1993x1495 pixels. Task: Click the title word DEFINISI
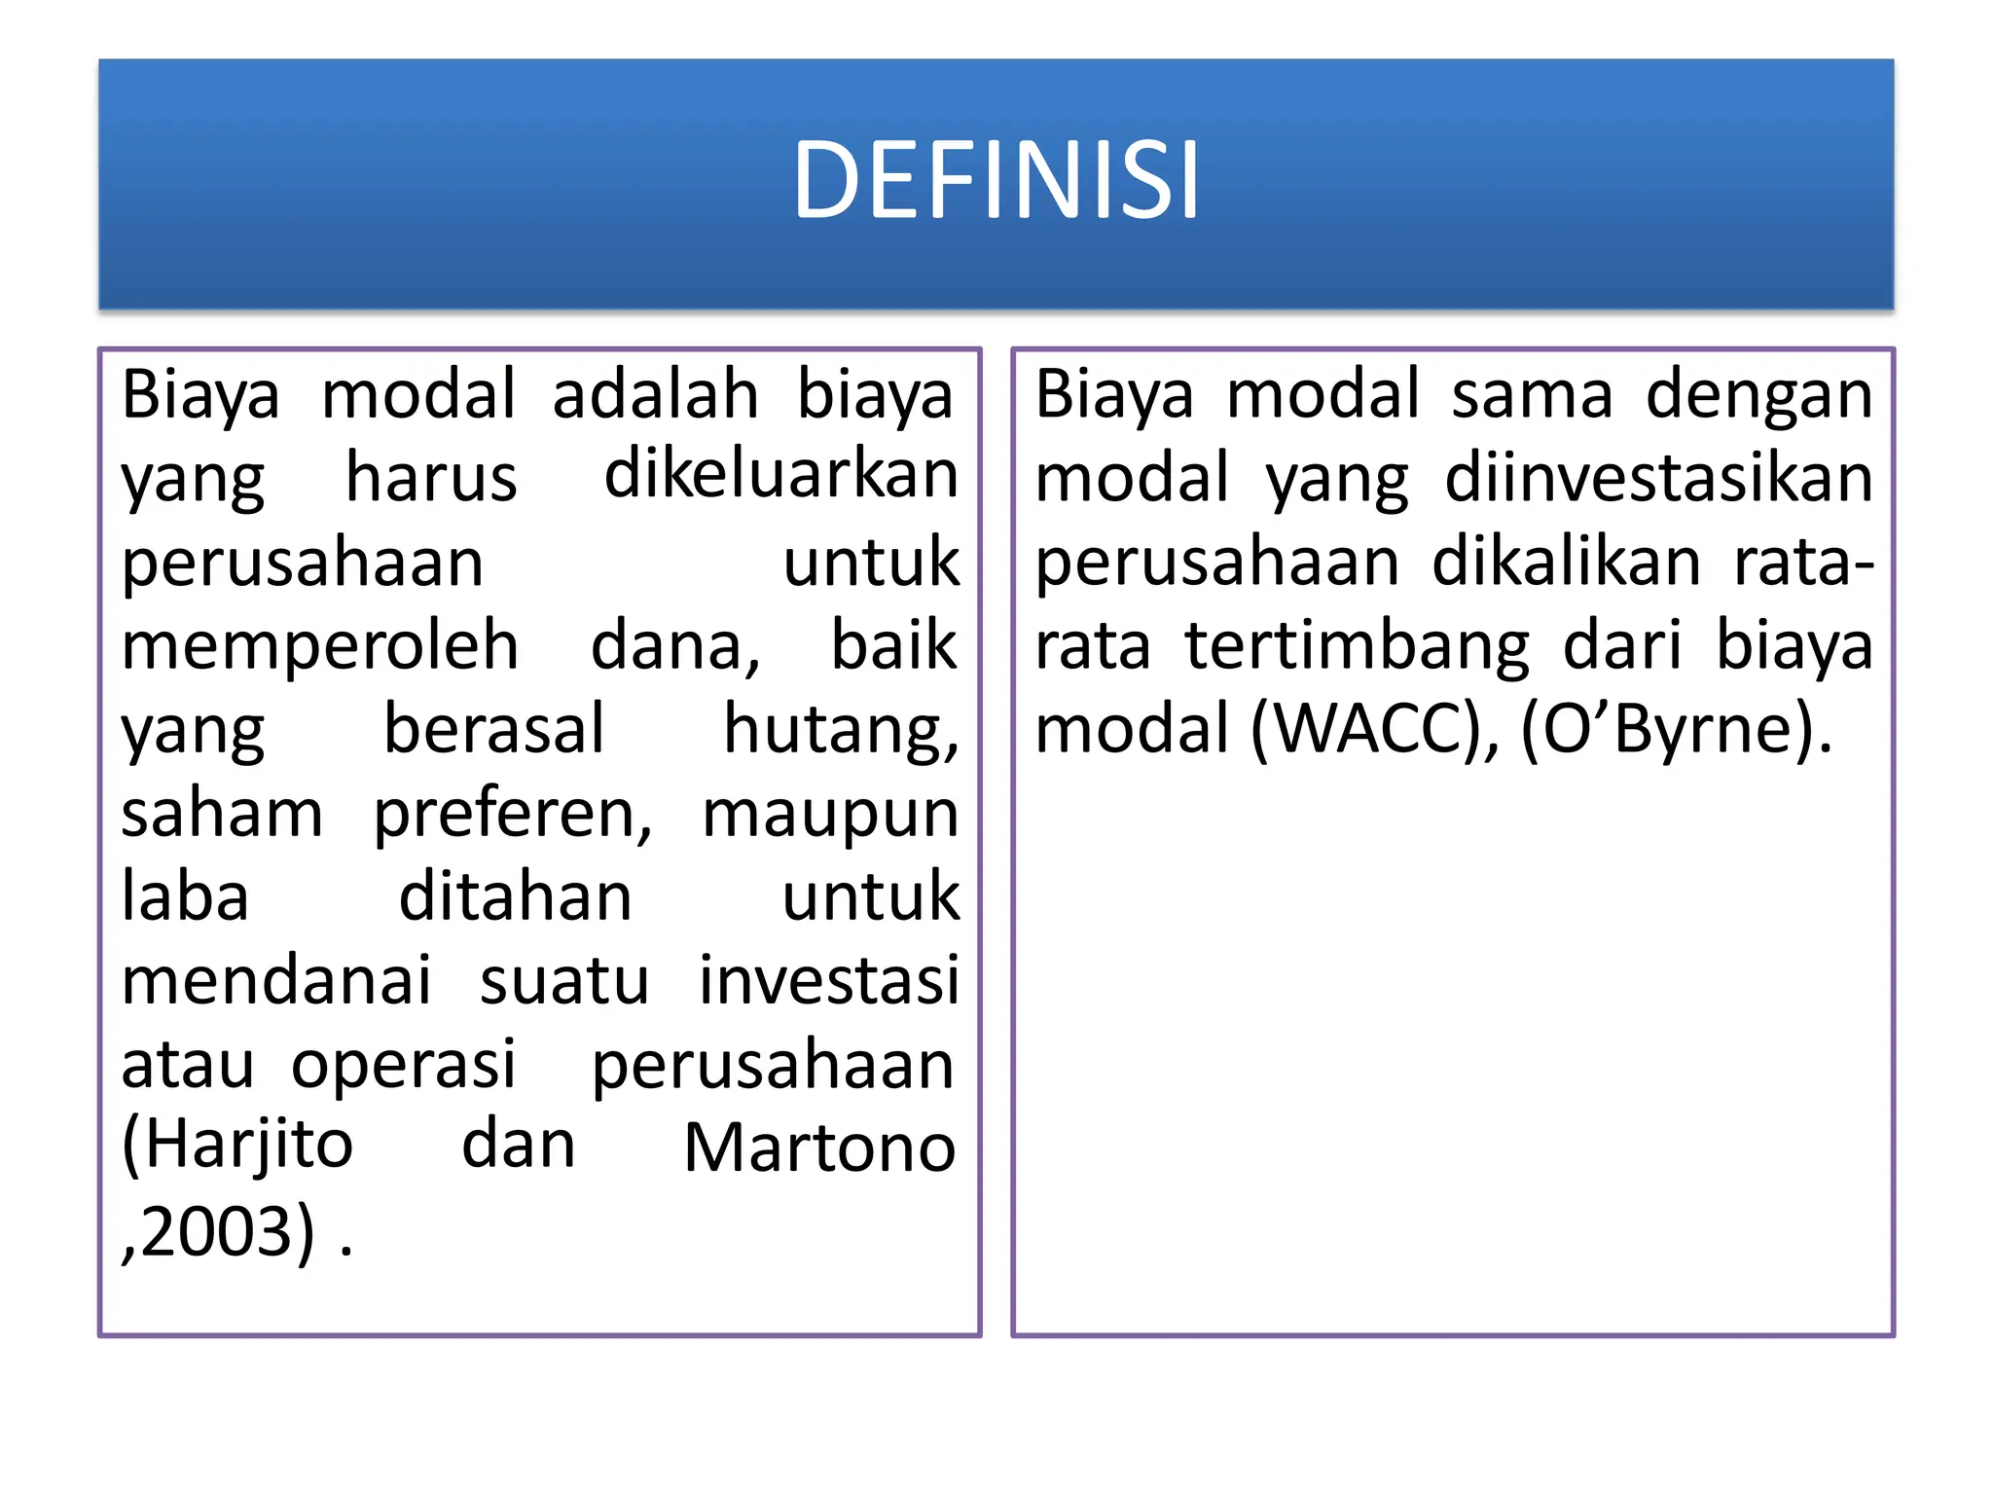click(x=996, y=181)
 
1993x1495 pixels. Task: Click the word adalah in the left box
click(x=655, y=395)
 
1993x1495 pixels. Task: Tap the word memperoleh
click(x=319, y=646)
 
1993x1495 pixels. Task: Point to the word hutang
click(x=839, y=730)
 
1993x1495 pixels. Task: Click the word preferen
click(x=512, y=814)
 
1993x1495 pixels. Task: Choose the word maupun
click(x=830, y=814)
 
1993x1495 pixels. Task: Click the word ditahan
click(x=516, y=897)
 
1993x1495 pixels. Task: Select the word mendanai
click(x=276, y=981)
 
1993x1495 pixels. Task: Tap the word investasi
click(x=829, y=981)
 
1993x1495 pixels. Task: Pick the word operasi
click(x=404, y=1065)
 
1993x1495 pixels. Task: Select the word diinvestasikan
click(x=1658, y=479)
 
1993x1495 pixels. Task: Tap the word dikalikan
click(x=1566, y=563)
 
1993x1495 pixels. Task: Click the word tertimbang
click(x=1357, y=646)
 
